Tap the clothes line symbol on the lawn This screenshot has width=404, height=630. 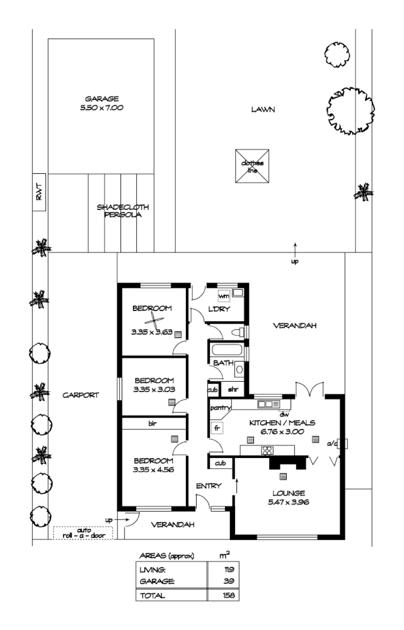252,166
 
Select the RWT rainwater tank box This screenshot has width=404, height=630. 37,192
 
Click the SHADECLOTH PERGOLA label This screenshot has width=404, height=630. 118,210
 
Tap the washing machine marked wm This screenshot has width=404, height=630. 224,295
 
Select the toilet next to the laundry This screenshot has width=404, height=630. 238,331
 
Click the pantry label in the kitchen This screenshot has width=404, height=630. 218,408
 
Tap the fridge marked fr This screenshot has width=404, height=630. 218,427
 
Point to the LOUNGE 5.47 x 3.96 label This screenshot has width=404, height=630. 290,497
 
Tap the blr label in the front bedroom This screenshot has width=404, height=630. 153,424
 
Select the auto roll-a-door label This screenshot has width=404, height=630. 83,533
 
